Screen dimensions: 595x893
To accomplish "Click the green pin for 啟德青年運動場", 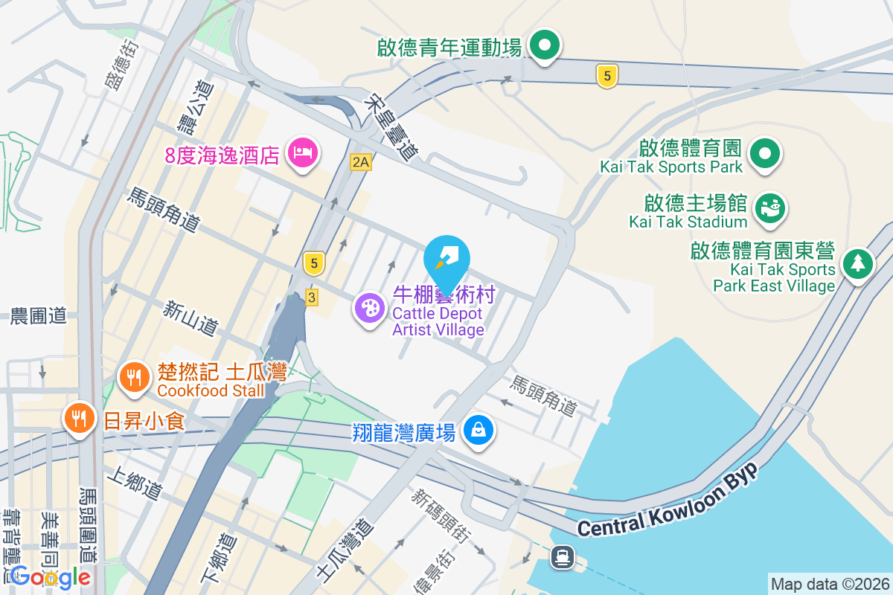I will coord(545,46).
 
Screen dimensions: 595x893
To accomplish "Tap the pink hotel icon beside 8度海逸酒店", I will coord(303,154).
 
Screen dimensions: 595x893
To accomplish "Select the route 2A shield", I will coord(361,161).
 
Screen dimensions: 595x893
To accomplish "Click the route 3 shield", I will coord(312,297).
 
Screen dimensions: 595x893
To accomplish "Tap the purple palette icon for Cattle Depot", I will coord(369,308).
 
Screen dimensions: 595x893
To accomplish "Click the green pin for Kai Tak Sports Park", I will coord(764,155).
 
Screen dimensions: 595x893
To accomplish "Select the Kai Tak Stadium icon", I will coord(770,208).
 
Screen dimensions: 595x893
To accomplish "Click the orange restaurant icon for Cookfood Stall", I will coord(134,378).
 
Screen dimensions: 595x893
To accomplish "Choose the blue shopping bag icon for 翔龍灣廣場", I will coord(478,430).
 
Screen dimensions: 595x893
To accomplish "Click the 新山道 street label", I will coord(191,318).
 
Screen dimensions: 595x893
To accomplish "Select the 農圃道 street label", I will coord(38,316).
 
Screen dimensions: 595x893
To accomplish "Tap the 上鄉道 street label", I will coord(134,482).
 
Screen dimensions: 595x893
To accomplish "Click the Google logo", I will coord(50,576).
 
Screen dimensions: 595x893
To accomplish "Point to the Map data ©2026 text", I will coord(829,584).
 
